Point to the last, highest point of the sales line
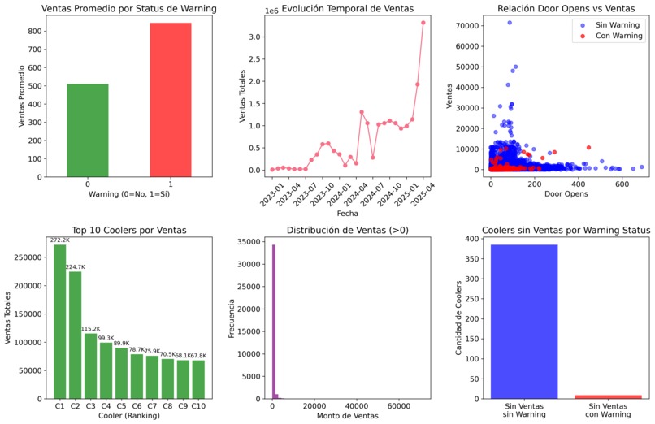[423, 22]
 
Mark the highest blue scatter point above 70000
[510, 23]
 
